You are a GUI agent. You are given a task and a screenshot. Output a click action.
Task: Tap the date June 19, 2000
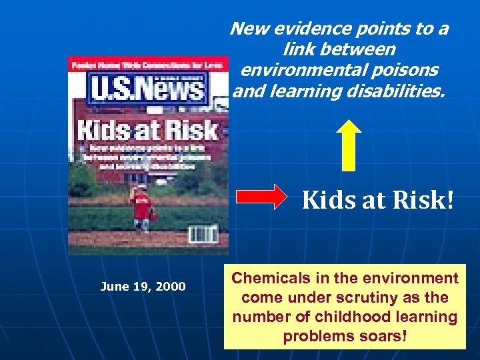[143, 287]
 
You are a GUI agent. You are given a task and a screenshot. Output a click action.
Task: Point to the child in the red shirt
[141, 207]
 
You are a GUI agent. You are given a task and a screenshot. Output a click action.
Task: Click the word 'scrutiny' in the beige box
[379, 297]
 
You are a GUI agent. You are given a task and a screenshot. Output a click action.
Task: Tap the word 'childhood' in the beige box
[343, 317]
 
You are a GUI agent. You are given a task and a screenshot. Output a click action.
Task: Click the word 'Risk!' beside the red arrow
[426, 199]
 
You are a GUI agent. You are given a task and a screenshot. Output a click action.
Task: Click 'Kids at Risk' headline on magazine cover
[147, 129]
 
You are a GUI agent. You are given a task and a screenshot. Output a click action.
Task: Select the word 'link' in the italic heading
[297, 49]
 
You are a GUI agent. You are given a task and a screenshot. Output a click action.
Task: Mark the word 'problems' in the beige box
[315, 336]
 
